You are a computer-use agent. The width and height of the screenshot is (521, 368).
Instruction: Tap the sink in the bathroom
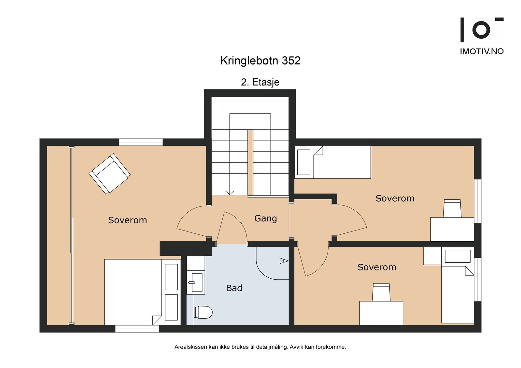click(195, 282)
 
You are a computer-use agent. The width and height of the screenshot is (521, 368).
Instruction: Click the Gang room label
click(265, 218)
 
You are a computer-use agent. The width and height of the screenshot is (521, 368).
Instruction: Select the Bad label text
click(234, 288)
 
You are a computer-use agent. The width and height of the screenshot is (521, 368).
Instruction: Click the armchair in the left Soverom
click(110, 174)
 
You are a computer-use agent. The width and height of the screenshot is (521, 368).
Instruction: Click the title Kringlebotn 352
click(260, 61)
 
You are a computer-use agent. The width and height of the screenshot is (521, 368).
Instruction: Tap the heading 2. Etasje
click(260, 82)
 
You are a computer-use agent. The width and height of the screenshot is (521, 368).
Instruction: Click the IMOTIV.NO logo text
click(482, 51)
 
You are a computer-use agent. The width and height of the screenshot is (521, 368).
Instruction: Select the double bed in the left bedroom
click(134, 292)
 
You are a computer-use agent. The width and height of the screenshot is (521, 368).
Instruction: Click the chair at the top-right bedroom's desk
click(452, 208)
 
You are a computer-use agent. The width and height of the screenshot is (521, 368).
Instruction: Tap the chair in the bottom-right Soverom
click(381, 292)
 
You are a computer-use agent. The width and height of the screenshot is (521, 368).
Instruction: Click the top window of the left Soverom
click(141, 142)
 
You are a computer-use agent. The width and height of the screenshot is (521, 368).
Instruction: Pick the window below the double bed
click(137, 329)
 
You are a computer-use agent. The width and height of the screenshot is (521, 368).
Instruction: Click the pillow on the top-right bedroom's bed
click(303, 162)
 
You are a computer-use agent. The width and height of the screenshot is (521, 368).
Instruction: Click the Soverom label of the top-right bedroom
click(395, 198)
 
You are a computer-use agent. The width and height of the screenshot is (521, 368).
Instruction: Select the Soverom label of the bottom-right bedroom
click(377, 267)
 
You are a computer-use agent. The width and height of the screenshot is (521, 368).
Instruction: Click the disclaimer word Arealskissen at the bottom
click(190, 347)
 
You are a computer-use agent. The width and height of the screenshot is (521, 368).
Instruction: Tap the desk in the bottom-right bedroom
click(381, 313)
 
